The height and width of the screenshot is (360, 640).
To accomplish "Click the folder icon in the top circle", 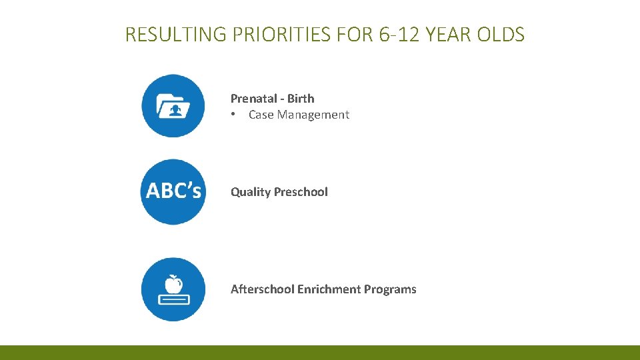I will [173, 106].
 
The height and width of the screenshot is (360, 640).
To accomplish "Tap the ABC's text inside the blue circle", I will [173, 191].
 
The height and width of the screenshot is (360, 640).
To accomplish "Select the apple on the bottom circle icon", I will [173, 284].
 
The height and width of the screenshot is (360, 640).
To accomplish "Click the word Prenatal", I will [253, 99].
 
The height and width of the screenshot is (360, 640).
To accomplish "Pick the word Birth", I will [301, 99].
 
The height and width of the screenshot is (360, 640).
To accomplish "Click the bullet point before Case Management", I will [233, 115].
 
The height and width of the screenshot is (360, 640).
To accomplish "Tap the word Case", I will [261, 115].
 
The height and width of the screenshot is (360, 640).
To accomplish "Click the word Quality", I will [251, 192].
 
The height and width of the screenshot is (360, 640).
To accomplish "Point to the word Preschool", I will [301, 192].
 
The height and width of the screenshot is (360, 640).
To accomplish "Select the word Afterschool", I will [262, 289].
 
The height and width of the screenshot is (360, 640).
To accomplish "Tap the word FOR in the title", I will [354, 34].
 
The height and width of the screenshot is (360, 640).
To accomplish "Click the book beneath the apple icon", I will [173, 299].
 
